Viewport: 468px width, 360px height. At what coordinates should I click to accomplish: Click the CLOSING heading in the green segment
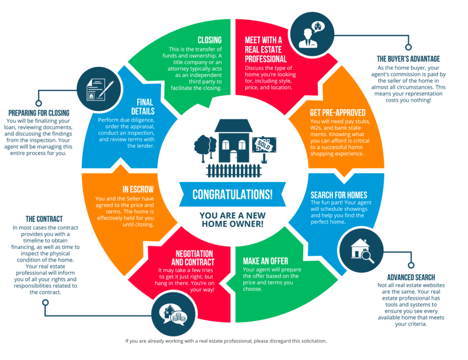coord(209,40)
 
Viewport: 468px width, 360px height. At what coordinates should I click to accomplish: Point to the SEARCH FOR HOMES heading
coord(339,195)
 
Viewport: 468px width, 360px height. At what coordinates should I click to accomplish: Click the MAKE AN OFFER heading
coord(266,261)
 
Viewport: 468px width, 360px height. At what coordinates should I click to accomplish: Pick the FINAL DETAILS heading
coord(145,107)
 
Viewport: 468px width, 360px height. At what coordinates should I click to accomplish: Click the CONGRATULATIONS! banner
coord(232,194)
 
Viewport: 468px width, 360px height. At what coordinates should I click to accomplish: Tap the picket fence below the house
coord(234,171)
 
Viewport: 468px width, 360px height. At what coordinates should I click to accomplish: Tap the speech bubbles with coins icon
coord(172,314)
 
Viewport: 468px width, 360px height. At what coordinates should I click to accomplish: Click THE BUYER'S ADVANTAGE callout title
coord(408,59)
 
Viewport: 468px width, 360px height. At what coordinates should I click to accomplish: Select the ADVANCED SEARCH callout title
coord(411,277)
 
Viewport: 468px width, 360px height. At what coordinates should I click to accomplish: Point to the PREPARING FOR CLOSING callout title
coord(39,113)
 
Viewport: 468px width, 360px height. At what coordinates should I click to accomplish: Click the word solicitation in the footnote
coord(311,341)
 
